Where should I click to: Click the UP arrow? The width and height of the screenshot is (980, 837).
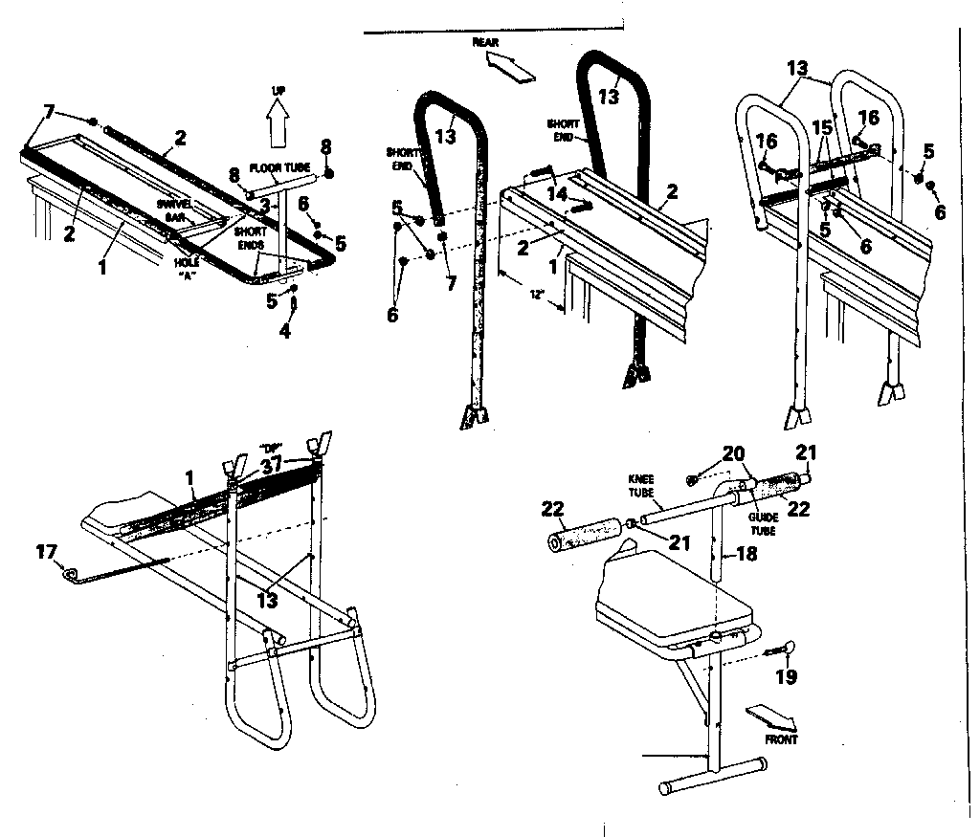coord(278,123)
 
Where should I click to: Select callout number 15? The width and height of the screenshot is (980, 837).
coord(822,126)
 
